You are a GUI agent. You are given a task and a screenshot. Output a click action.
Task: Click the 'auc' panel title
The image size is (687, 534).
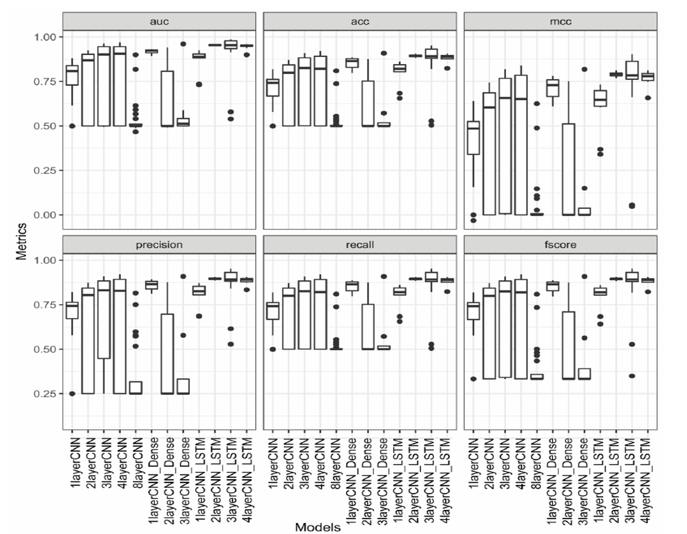[159, 21]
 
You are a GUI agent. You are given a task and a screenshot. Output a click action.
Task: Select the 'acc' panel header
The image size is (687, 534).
[360, 21]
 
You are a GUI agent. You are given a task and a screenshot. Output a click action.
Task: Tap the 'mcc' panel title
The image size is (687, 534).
[561, 21]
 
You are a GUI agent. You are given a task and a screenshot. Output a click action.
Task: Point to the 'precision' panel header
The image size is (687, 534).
[159, 244]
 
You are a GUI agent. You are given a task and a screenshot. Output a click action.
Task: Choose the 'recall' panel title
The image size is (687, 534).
[360, 244]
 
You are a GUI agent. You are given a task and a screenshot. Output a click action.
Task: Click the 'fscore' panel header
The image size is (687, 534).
[561, 244]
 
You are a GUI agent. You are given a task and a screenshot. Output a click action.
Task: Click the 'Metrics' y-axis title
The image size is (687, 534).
[21, 241]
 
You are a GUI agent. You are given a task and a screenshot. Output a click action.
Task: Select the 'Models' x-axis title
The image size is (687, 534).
[318, 527]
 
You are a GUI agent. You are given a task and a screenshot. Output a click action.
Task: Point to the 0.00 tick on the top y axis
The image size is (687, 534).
[46, 215]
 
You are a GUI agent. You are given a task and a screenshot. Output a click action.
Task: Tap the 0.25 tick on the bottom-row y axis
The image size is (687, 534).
[46, 394]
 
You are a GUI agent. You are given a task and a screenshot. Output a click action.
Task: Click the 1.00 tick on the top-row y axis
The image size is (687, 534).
[46, 37]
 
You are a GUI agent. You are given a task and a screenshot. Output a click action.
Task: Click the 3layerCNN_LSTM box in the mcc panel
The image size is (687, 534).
[631, 70]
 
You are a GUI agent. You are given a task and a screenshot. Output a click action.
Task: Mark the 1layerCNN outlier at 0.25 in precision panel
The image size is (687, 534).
[72, 394]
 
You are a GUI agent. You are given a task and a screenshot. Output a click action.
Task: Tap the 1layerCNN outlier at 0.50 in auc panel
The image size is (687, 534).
[72, 126]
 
